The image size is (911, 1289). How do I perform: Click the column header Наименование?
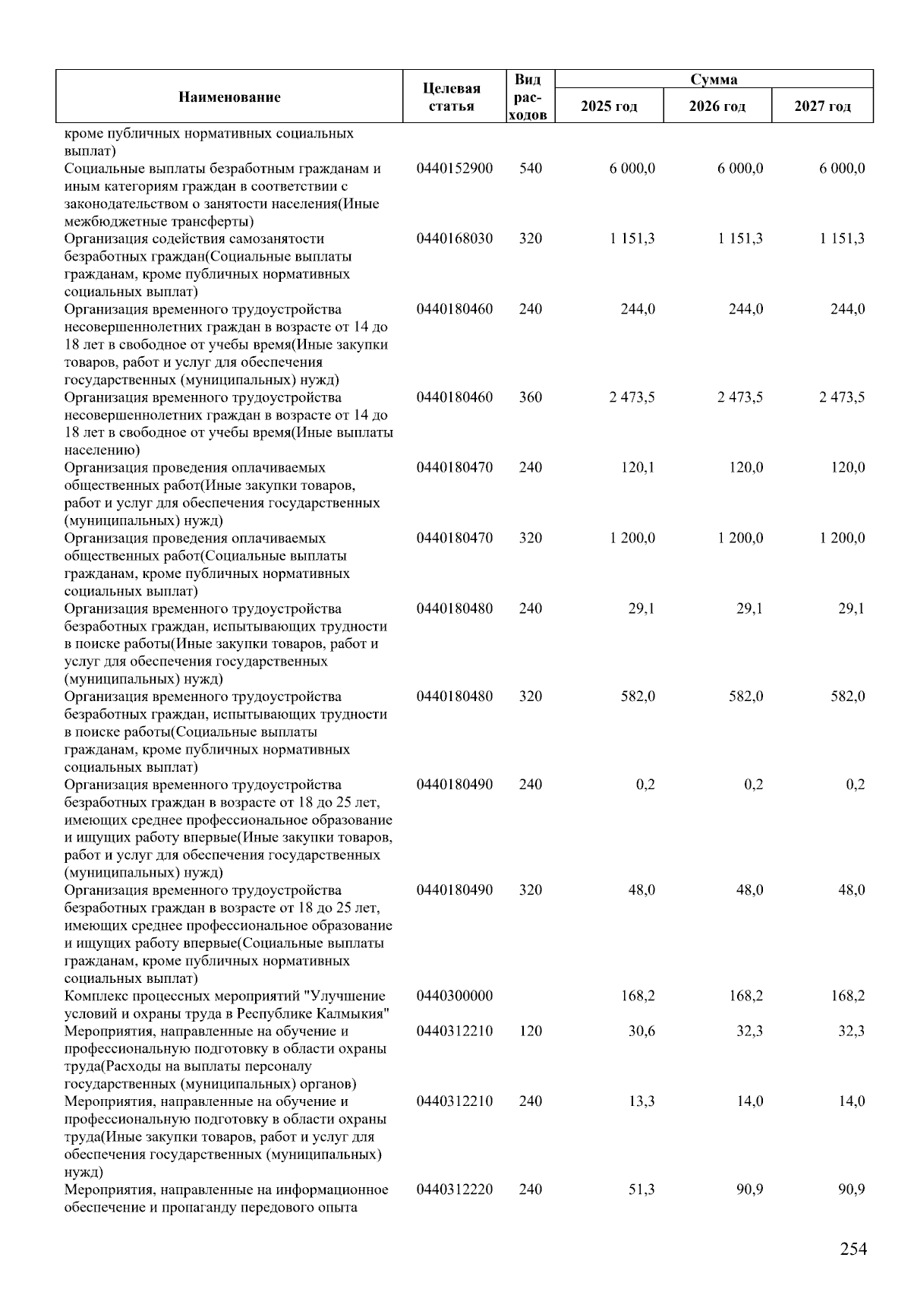point(229,97)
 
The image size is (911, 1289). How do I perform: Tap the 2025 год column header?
point(609,106)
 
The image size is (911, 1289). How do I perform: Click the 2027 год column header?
point(822,106)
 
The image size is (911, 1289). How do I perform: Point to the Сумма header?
point(714,80)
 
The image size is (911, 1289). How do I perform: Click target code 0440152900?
point(454,169)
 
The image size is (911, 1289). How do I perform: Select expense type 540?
point(531,169)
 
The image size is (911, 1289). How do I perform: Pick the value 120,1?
point(638,468)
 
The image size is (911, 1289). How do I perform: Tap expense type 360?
point(531,397)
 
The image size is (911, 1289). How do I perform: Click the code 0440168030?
point(454,239)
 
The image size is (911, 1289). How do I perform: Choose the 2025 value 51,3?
point(641,1189)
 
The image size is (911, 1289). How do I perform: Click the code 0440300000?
point(454,996)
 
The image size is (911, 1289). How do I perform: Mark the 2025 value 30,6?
point(641,1032)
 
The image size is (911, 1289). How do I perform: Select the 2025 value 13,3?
point(641,1101)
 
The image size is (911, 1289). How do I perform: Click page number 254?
point(853,1249)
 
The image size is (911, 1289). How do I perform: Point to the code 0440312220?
point(454,1189)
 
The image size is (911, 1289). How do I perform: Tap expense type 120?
point(531,1032)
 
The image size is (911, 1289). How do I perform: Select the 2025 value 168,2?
point(638,996)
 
